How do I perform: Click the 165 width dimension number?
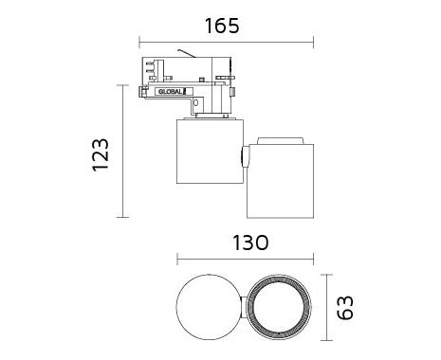pyautogui.click(x=222, y=26)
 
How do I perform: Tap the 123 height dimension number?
pyautogui.click(x=101, y=154)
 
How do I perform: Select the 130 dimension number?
pyautogui.click(x=250, y=243)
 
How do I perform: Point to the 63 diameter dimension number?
pyautogui.click(x=345, y=308)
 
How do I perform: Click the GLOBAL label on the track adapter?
pyautogui.click(x=171, y=92)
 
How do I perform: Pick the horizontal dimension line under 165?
pyautogui.click(x=227, y=42)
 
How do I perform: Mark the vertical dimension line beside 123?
pyautogui.click(x=122, y=151)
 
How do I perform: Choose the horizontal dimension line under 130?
pyautogui.click(x=246, y=260)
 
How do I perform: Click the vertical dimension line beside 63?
pyautogui.click(x=326, y=308)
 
